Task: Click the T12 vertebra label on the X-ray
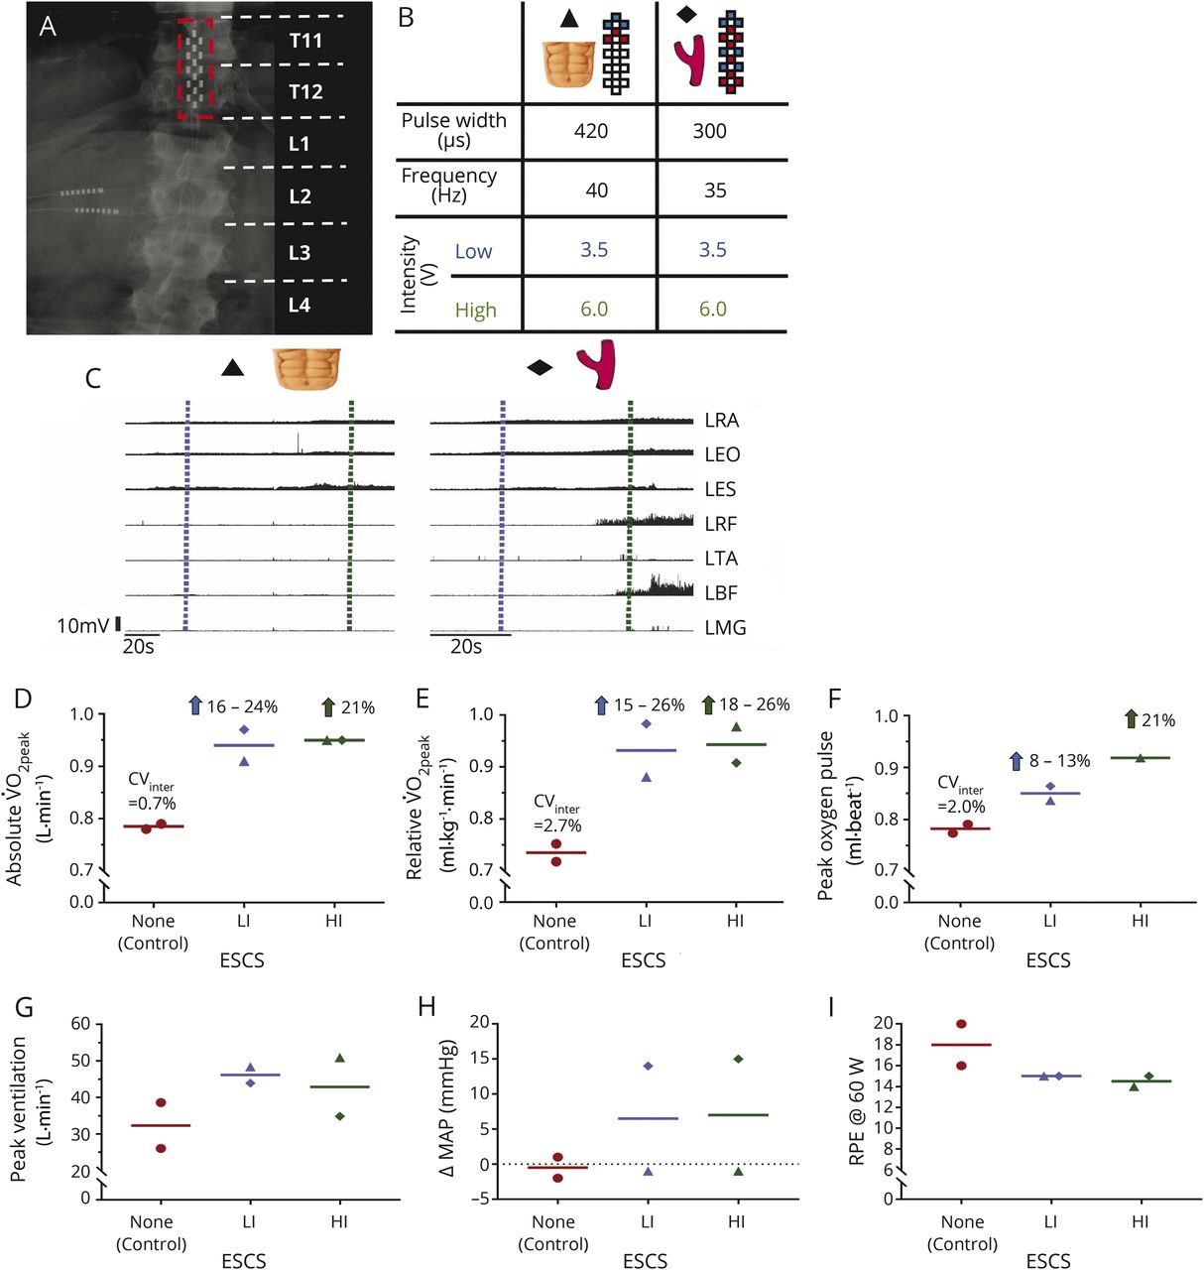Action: [305, 92]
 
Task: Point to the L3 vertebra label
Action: [300, 253]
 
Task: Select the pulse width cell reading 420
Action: [591, 131]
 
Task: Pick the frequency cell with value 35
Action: [715, 190]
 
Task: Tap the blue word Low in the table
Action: [473, 252]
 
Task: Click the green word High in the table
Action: [475, 311]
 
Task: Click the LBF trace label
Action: [721, 593]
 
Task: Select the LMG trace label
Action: [725, 628]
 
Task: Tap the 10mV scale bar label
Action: [82, 626]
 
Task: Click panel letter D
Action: [22, 698]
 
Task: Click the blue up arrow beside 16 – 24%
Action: [195, 706]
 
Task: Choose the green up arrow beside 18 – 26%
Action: [708, 705]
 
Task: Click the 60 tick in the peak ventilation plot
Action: [80, 1024]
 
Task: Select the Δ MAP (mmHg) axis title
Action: [447, 1108]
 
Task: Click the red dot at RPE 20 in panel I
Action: [961, 1024]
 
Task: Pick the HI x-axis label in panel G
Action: [339, 1221]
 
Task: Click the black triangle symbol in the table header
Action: [568, 19]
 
